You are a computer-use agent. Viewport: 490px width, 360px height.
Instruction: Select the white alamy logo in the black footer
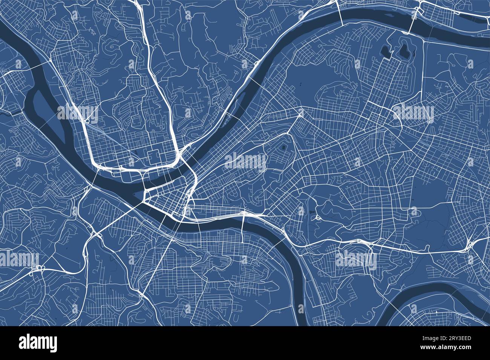[x=38, y=343]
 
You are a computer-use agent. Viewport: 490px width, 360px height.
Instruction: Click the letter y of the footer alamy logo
[x=53, y=344]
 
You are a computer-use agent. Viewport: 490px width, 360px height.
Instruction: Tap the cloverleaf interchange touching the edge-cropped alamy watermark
[x=39, y=268]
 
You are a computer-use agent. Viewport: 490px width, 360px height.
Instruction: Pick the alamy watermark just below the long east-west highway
[x=355, y=259]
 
